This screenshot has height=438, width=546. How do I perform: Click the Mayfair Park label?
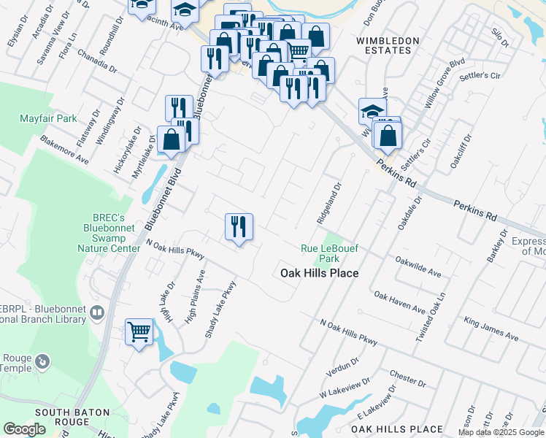[x=48, y=118]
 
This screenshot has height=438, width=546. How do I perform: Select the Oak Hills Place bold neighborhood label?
[x=320, y=273]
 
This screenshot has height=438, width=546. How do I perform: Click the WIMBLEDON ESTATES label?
[x=388, y=45]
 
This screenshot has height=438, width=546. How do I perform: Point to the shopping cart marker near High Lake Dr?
[x=139, y=333]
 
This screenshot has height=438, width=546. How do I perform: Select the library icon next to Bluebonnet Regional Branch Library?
[x=97, y=312]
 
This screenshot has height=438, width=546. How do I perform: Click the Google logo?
[x=24, y=430]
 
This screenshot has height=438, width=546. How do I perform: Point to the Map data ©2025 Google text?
[x=501, y=432]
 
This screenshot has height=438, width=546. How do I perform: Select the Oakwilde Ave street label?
[x=418, y=266]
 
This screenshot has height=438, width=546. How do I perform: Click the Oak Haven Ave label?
[x=399, y=303]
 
